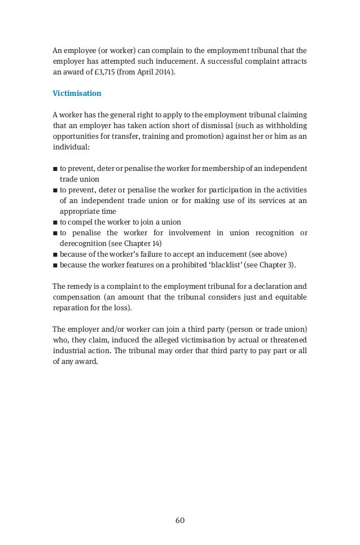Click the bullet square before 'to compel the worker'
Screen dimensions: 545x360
pyautogui.click(x=55, y=222)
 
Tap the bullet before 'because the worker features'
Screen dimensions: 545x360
pyautogui.click(x=55, y=265)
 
